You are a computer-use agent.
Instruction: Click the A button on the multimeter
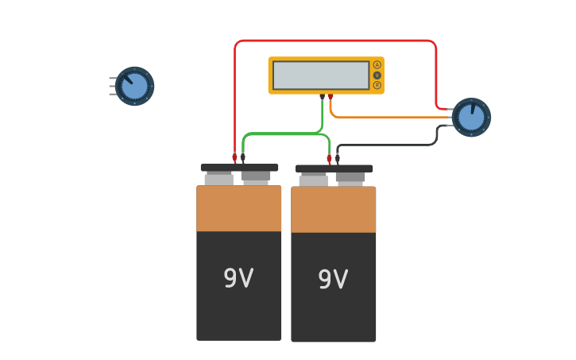pos(377,65)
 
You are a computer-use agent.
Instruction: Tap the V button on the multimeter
pos(377,75)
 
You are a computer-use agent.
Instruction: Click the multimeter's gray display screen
pos(321,75)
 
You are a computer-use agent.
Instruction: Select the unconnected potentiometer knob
pos(134,86)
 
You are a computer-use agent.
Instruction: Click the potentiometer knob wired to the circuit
pos(471,118)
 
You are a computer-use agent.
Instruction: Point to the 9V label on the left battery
pos(238,278)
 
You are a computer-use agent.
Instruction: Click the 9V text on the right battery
pos(333,279)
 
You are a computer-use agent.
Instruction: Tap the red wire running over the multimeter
pos(334,41)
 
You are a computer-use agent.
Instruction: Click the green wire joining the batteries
pos(286,134)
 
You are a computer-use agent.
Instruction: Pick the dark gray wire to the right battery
pos(389,145)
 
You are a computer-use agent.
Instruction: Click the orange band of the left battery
pos(239,208)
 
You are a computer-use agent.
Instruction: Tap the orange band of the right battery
pos(334,210)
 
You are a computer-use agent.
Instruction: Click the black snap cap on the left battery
pos(239,168)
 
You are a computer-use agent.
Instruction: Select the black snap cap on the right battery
pos(334,168)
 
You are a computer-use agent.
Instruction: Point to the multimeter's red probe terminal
pos(331,96)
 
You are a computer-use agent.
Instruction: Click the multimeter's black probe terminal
pos(322,96)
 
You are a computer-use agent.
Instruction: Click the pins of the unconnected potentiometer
pos(112,86)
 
